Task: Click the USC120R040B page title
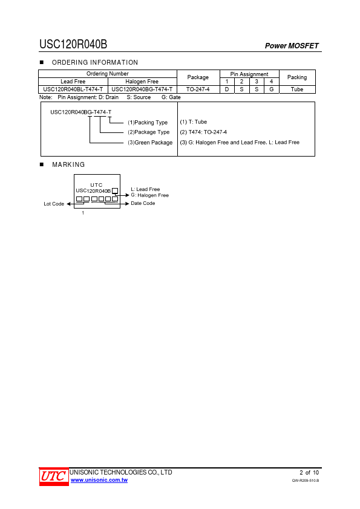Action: (x=73, y=44)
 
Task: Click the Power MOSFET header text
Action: (x=292, y=46)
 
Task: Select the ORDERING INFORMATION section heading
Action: (x=95, y=62)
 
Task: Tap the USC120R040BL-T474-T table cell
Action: (x=73, y=89)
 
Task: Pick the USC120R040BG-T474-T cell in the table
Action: (x=142, y=89)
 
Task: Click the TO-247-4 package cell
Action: (x=198, y=89)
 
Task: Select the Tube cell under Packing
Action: (x=297, y=89)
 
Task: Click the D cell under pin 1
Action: (x=227, y=89)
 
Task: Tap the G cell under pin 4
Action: (x=271, y=89)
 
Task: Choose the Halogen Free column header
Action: (x=142, y=82)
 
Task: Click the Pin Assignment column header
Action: (x=249, y=74)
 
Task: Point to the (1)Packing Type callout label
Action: (x=148, y=122)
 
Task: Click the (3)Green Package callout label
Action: (x=150, y=143)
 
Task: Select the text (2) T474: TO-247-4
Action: (x=203, y=132)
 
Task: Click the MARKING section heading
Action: (x=68, y=164)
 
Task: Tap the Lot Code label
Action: (x=54, y=204)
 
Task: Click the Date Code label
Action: (x=143, y=203)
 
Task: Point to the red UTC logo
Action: (x=54, y=477)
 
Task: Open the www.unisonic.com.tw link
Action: (x=99, y=480)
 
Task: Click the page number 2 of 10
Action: (x=309, y=472)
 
